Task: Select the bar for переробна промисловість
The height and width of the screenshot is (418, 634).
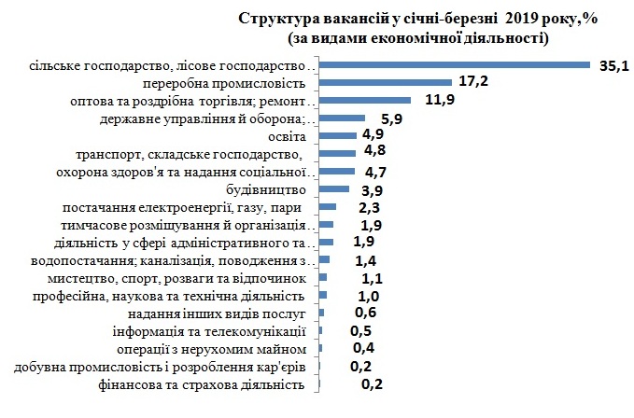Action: pyautogui.click(x=386, y=82)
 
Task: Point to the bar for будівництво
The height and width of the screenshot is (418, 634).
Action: pyautogui.click(x=333, y=188)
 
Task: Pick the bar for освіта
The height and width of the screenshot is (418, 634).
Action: pyautogui.click(x=337, y=135)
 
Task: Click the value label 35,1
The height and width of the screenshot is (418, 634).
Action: pyautogui.click(x=614, y=64)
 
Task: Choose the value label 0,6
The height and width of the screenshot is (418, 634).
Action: pyautogui.click(x=365, y=313)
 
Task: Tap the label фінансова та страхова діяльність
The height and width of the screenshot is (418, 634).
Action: pyautogui.click(x=201, y=383)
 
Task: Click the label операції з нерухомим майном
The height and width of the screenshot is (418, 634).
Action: pyautogui.click(x=212, y=348)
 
